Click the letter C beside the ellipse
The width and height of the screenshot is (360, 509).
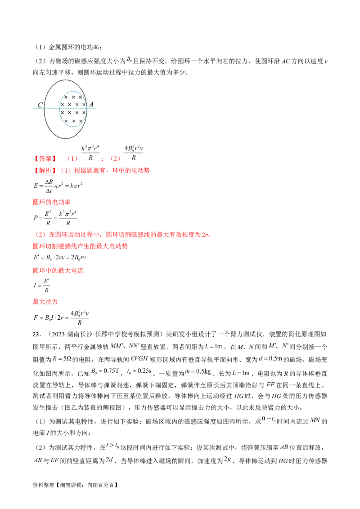point(40,106)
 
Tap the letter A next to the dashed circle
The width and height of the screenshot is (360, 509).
point(91,105)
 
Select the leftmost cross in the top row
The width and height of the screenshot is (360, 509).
point(66,97)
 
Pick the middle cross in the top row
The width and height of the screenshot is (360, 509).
point(73,97)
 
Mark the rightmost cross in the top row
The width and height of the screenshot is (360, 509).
point(81,97)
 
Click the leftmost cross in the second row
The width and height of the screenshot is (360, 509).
point(63,105)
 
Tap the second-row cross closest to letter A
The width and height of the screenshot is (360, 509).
point(84,105)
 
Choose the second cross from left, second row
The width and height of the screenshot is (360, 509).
point(70,105)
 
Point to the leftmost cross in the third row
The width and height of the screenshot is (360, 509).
point(63,112)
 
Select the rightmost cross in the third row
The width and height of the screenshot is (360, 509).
point(84,112)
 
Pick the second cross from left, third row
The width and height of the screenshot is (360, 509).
point(70,112)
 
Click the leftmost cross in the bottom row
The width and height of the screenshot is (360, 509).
point(66,121)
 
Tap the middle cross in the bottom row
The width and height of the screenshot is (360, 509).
point(73,121)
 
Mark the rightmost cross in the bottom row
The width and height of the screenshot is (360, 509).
point(81,121)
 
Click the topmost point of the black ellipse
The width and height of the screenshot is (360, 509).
point(66,80)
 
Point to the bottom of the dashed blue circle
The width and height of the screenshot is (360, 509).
point(72,127)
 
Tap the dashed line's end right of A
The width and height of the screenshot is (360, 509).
point(96,108)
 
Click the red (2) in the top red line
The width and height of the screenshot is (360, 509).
point(116,159)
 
